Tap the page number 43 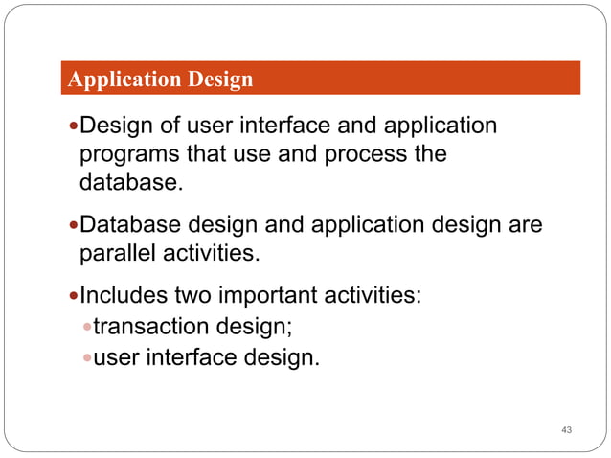566,428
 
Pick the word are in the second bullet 523,225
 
